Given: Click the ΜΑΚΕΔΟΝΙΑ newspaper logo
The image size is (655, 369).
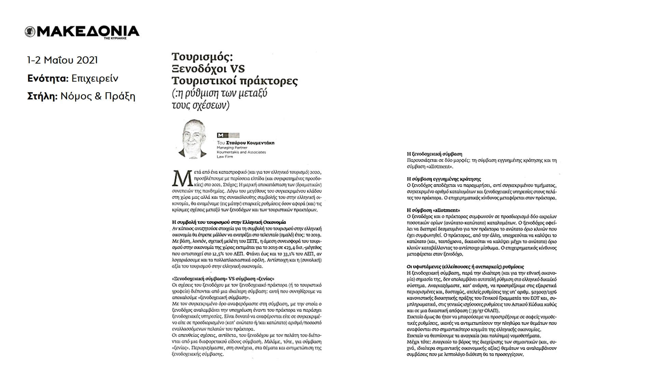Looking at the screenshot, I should pos(82,31).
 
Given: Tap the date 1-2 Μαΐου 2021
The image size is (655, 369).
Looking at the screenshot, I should pos(62,60).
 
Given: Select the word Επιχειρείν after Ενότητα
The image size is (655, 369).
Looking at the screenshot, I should pos(95,79).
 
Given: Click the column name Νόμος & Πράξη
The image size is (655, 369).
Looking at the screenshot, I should pos(98,97).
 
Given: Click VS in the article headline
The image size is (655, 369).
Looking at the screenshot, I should pos(237,69).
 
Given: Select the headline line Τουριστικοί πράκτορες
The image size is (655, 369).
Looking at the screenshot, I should pos(234,81).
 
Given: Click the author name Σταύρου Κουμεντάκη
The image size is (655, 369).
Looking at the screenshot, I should pos(250,143).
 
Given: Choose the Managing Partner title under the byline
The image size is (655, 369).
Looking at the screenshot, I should pos(232,148).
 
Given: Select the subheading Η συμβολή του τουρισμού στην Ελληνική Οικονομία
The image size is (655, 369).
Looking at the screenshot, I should pos(229,222).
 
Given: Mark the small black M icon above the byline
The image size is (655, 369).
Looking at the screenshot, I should pos(220,135).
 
